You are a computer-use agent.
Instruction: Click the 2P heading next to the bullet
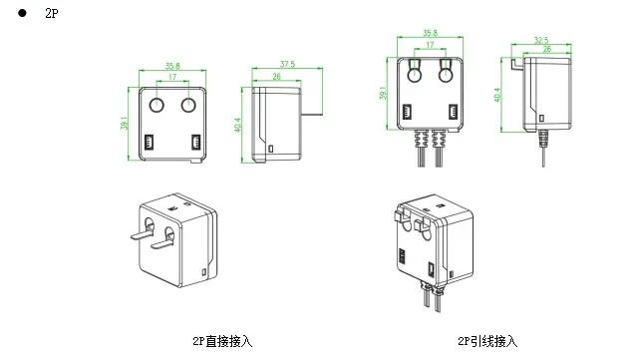tap(52, 13)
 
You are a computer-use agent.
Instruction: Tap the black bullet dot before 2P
tap(22, 13)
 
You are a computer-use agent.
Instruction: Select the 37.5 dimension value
tap(288, 64)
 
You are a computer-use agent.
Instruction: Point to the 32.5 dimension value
tap(541, 40)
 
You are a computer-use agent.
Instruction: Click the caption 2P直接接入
tap(222, 341)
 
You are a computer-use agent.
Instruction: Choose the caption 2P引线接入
tap(487, 341)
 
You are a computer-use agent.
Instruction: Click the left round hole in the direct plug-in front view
tap(157, 106)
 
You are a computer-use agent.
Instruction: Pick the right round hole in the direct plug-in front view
tap(188, 106)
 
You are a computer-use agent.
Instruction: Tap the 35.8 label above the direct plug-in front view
tap(172, 66)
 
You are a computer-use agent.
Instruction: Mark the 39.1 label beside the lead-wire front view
tap(383, 93)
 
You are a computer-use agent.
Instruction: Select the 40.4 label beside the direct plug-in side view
tap(237, 125)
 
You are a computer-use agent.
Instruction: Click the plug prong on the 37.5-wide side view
tap(312, 114)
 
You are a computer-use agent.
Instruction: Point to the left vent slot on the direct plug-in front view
tap(150, 142)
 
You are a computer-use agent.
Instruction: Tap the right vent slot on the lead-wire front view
tap(453, 112)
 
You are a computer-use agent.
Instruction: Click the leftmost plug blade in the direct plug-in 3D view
tap(142, 233)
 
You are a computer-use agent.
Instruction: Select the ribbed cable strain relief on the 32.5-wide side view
tap(543, 139)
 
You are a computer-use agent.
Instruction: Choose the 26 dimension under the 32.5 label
tap(547, 49)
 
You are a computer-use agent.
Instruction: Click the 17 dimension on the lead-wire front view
tap(430, 45)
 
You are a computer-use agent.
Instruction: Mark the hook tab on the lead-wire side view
tap(517, 64)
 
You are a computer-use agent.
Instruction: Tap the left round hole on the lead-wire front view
tap(415, 75)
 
